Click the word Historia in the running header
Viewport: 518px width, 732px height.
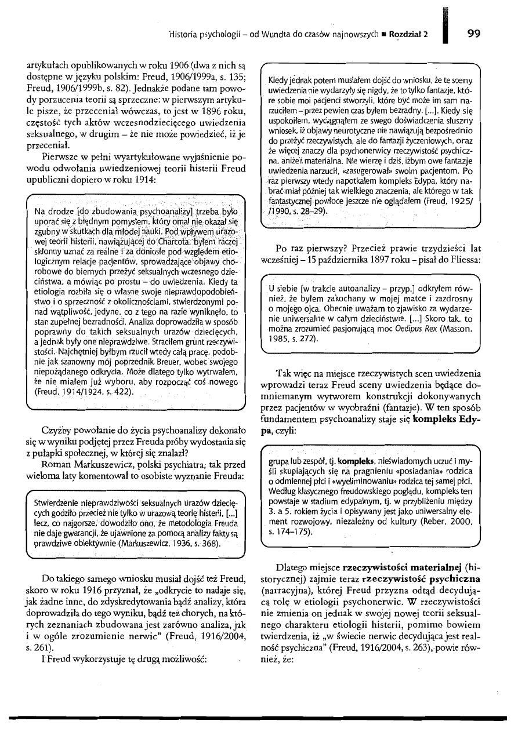point(183,34)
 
